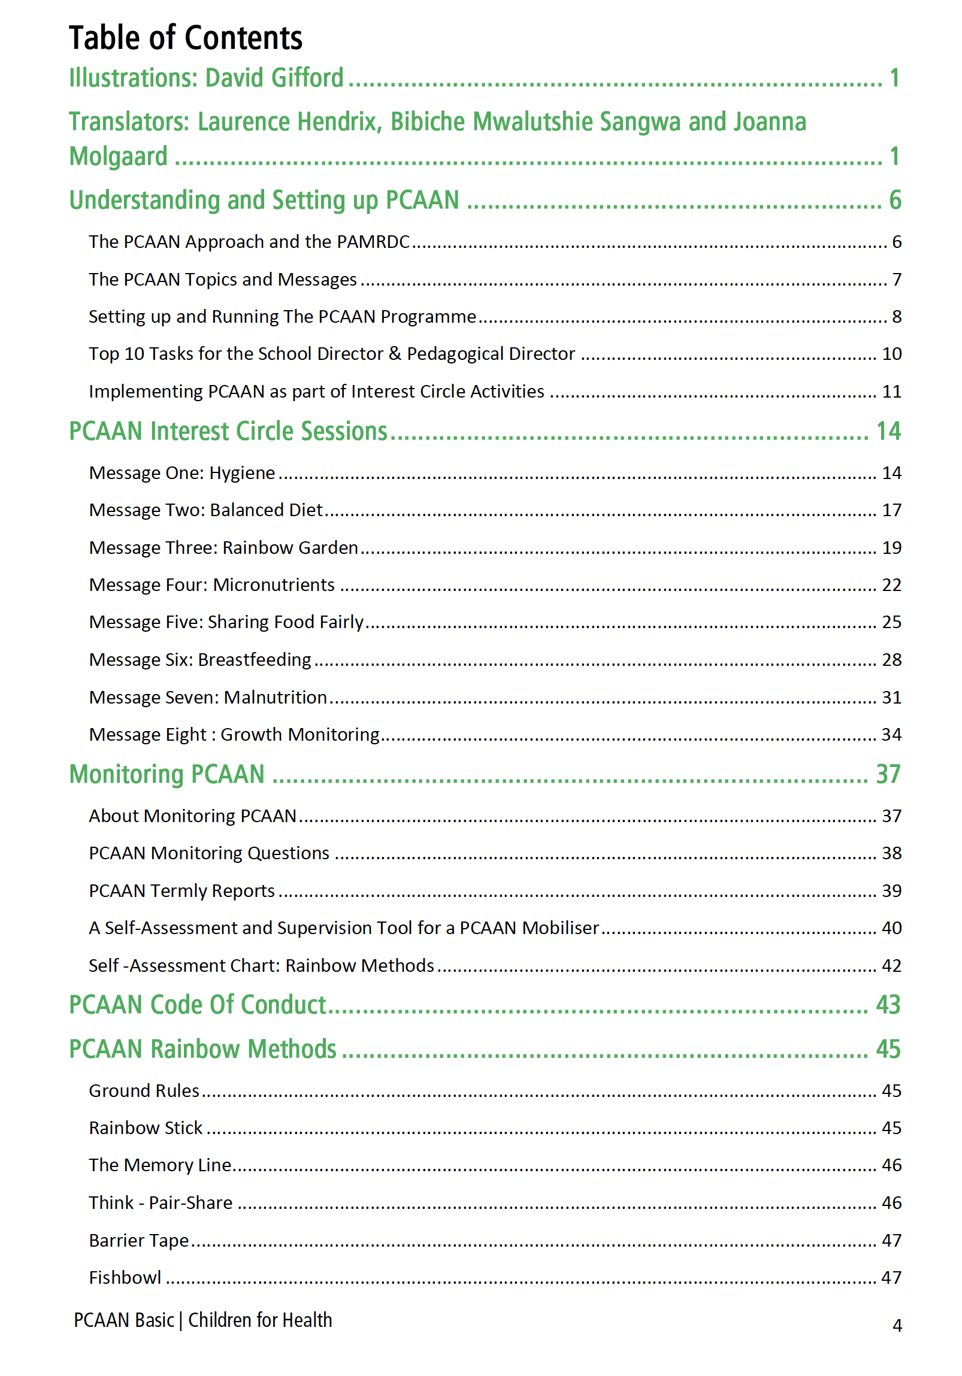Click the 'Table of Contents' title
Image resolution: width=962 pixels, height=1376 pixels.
pos(185,38)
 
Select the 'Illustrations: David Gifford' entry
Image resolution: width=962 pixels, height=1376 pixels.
pos(206,78)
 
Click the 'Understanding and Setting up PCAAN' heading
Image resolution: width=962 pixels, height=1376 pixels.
pos(264,200)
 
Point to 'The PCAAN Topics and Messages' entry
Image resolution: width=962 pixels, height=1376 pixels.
pos(222,279)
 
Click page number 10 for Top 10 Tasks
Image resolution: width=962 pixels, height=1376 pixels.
pos(891,354)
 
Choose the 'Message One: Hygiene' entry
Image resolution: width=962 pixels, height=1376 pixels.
pos(181,473)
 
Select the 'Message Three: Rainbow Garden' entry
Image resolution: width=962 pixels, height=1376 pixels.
pos(223,548)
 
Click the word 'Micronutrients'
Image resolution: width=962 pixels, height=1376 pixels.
pos(274,585)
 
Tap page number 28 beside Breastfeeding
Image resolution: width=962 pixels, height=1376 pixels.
pos(891,660)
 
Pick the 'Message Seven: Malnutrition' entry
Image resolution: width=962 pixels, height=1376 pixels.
pos(207,698)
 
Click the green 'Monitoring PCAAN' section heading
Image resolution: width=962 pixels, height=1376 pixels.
pos(167,774)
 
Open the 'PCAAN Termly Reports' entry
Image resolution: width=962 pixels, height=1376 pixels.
pos(181,891)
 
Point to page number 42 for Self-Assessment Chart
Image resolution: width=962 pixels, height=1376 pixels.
pos(891,966)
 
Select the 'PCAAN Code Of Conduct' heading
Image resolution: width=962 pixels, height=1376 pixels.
pos(197,1005)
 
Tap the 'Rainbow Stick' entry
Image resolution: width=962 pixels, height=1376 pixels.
pos(146,1128)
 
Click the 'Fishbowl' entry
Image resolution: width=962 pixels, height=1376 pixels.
pos(125,1278)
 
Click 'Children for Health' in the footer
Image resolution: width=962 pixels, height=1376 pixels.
pos(259,1320)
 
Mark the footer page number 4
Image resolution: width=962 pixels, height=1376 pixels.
pos(897,1325)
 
